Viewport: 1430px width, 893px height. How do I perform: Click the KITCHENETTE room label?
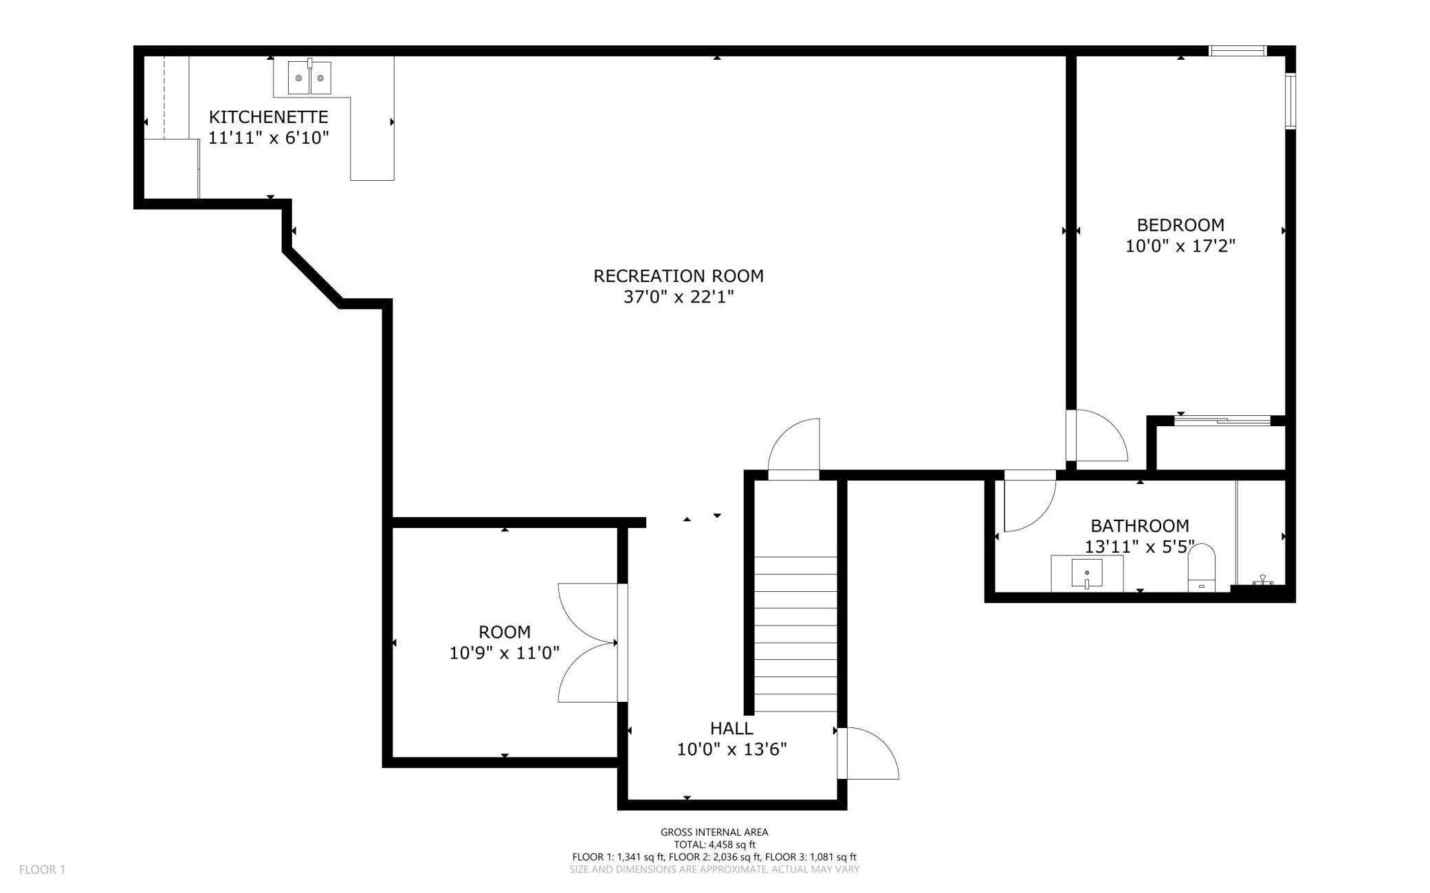(269, 116)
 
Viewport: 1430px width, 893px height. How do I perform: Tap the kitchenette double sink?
(309, 77)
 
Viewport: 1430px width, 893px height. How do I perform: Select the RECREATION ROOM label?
(679, 276)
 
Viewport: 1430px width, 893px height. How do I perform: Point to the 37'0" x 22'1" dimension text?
(679, 297)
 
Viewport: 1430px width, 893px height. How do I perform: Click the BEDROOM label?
(1180, 225)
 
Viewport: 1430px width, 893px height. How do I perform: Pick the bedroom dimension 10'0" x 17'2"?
(1180, 245)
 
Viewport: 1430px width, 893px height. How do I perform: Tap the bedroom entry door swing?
(1097, 435)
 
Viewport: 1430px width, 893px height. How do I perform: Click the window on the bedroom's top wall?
(1237, 50)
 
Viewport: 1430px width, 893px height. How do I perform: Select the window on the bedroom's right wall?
(1290, 101)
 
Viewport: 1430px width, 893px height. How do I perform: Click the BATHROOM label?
(1140, 526)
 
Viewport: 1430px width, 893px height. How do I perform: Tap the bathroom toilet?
(1201, 567)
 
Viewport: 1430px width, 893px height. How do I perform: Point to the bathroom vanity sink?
(1087, 574)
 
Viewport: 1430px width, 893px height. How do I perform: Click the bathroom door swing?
(1029, 501)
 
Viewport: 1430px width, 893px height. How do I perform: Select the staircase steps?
(795, 634)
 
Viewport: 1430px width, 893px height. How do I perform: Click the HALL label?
(731, 728)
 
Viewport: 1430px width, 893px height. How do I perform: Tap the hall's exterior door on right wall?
(868, 753)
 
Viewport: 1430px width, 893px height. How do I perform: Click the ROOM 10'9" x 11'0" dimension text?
(505, 652)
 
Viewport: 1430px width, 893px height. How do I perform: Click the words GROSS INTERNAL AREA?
(714, 832)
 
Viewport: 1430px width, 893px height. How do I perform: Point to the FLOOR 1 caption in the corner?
(42, 870)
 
